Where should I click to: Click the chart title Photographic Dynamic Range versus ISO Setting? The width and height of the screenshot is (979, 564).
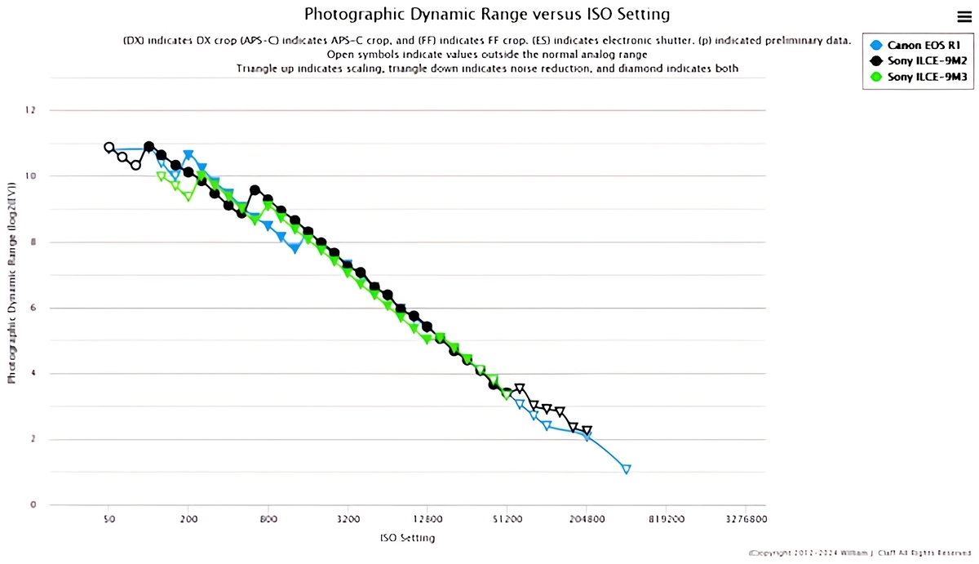pyautogui.click(x=487, y=14)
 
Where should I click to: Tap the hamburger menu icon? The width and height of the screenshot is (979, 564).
pyautogui.click(x=963, y=16)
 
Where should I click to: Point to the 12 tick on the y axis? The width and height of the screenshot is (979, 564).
pyautogui.click(x=33, y=110)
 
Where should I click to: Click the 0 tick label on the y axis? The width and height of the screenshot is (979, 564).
pyautogui.click(x=33, y=505)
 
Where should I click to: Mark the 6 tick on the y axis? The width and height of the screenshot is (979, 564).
pyautogui.click(x=33, y=308)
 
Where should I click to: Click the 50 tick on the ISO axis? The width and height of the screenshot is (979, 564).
pyautogui.click(x=109, y=518)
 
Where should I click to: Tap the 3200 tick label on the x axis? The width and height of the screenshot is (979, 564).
pyautogui.click(x=348, y=518)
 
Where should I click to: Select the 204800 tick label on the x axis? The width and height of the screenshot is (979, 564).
pyautogui.click(x=587, y=518)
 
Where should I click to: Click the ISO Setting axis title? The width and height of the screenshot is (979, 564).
pyautogui.click(x=407, y=538)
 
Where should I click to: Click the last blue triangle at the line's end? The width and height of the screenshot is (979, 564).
pyautogui.click(x=627, y=469)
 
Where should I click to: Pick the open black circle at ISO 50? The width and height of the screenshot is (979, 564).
pyautogui.click(x=109, y=148)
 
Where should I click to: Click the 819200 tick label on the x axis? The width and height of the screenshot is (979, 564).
pyautogui.click(x=667, y=518)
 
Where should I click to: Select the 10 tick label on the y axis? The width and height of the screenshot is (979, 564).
pyautogui.click(x=32, y=176)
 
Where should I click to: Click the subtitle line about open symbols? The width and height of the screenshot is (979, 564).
pyautogui.click(x=487, y=54)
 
